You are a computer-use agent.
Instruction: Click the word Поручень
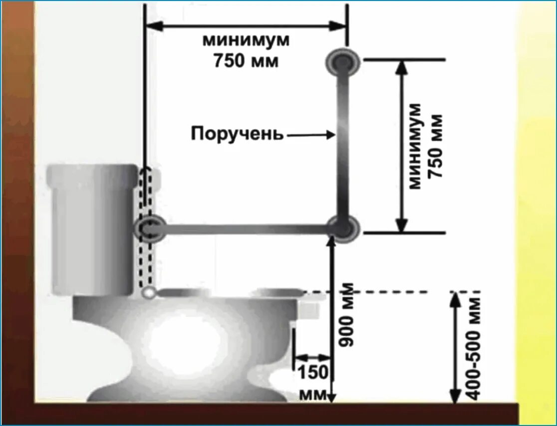point(237,134)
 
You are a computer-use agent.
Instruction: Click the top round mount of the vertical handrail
point(343,61)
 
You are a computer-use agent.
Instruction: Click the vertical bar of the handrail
point(342,145)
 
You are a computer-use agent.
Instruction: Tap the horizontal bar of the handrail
point(245,229)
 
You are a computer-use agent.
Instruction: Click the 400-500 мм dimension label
point(474,349)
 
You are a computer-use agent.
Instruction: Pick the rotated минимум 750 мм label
point(425,146)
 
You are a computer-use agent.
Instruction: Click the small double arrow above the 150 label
point(313,357)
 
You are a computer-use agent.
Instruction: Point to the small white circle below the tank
point(148,293)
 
